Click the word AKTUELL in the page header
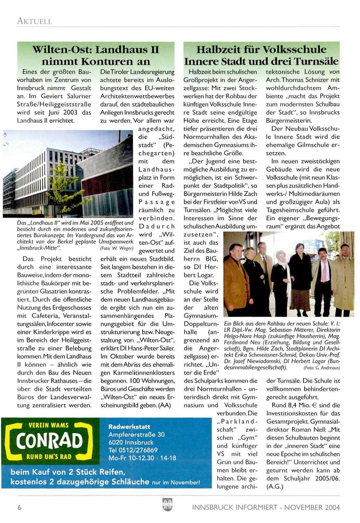34,21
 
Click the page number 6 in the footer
20,507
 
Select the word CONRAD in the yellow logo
49,441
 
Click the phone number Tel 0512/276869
133,450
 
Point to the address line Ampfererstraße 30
136,434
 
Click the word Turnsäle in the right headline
316,61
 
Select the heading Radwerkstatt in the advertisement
129,426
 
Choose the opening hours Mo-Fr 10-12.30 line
142,458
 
